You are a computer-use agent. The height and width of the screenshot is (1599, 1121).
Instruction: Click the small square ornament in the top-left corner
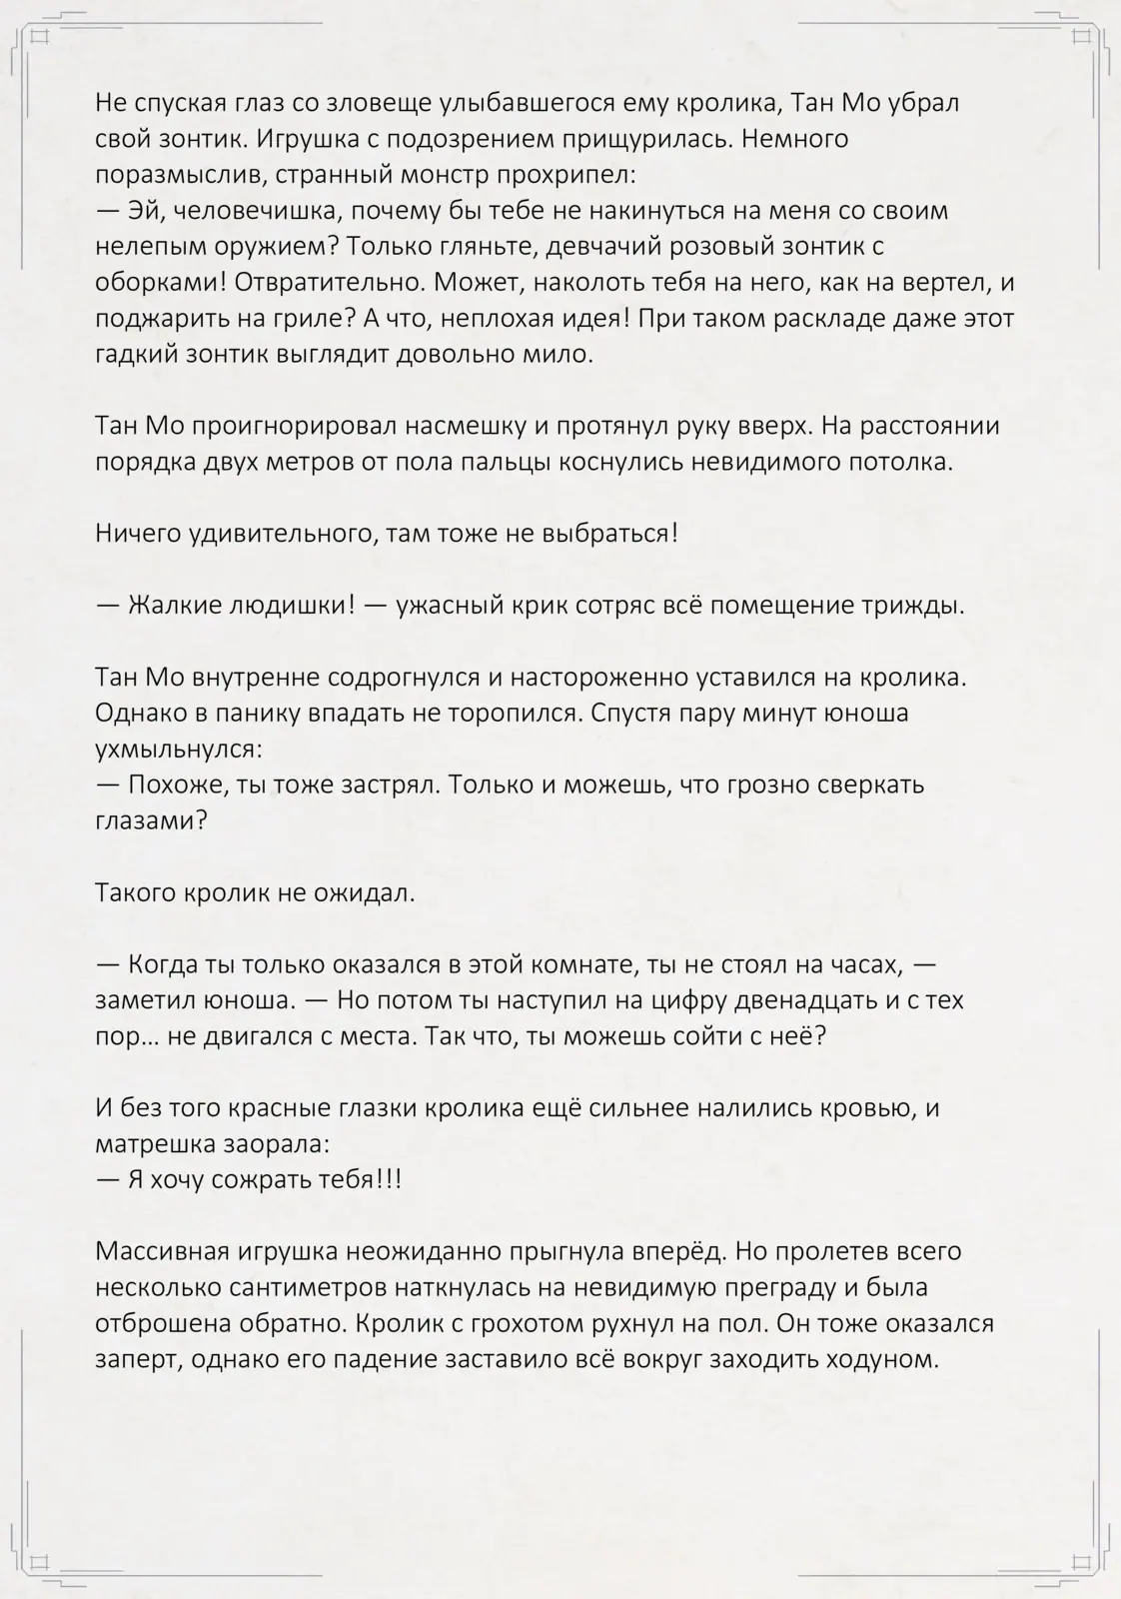(x=40, y=37)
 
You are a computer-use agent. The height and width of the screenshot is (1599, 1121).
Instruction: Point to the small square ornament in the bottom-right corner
(x=1080, y=1561)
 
